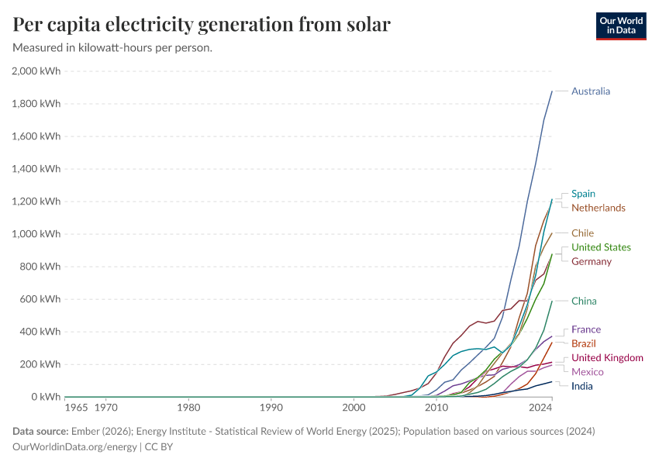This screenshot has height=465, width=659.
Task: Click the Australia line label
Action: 591,91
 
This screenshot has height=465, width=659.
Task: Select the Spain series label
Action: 583,194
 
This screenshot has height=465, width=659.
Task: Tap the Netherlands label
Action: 598,208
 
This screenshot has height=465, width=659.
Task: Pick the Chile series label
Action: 582,233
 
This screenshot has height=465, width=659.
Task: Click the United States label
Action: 601,247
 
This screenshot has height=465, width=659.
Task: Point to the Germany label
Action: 591,261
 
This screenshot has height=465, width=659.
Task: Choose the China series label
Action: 584,301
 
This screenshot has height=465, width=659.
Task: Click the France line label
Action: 585,329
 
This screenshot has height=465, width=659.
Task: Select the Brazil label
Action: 583,343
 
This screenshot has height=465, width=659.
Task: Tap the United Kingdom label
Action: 607,358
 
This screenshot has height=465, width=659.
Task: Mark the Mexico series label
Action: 587,372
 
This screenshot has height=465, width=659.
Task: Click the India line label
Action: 582,386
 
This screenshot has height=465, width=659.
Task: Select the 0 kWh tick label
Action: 44,397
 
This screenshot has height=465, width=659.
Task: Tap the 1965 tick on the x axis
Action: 76,407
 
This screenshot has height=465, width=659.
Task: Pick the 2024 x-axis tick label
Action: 540,407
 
